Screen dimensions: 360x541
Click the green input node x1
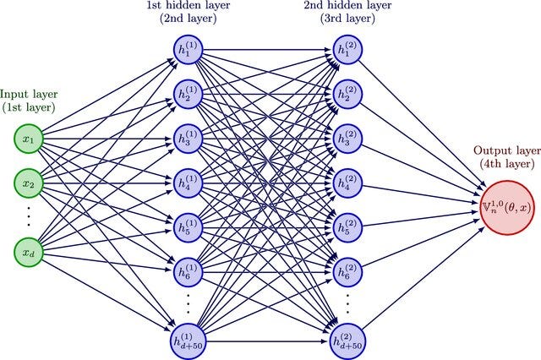pos(28,138)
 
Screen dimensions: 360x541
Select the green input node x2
pos(28,183)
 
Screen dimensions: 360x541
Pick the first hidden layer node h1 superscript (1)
pos(185,48)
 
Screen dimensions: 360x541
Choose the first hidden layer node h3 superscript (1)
pos(185,137)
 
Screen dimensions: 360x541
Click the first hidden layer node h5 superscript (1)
pos(185,227)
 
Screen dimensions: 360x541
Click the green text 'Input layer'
pos(29,94)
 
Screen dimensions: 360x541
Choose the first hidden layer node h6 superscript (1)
pos(185,272)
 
